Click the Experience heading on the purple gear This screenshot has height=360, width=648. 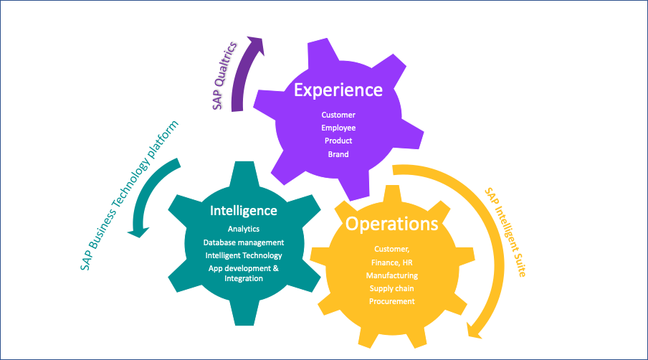338,90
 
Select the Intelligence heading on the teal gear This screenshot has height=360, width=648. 243,211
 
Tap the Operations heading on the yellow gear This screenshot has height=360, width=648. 391,224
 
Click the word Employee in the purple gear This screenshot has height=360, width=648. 338,128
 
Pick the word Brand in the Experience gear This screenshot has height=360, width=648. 338,154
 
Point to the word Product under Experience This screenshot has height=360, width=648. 338,141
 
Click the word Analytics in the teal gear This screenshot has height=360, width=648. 244,229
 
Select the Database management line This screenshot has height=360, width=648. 244,242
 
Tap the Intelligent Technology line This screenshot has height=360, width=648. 244,255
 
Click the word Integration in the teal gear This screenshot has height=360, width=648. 244,278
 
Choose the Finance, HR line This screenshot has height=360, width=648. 391,262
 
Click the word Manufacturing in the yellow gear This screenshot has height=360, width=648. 391,275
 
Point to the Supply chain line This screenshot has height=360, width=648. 391,288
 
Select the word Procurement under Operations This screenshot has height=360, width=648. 391,301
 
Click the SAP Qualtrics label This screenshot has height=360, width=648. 224,75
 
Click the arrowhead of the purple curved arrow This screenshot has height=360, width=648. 254,44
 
